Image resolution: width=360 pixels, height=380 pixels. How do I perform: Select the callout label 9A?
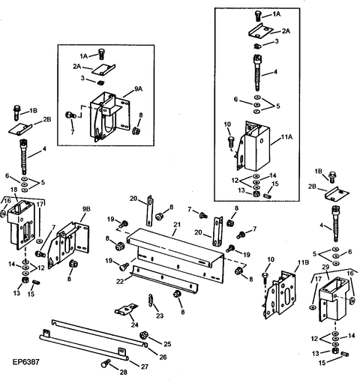[139, 88]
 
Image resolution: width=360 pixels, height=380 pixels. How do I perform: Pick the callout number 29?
[325, 268]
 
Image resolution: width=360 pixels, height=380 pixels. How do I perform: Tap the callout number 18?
[13, 190]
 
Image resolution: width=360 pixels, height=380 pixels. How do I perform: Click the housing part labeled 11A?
[254, 150]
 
